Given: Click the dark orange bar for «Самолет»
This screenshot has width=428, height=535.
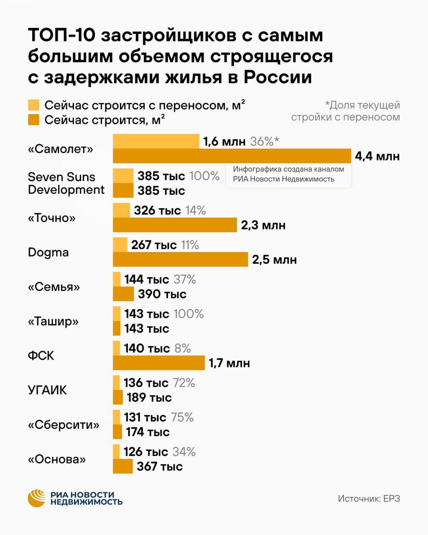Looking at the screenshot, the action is [x=232, y=156].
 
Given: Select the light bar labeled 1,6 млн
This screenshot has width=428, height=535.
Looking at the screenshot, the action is [x=156, y=141].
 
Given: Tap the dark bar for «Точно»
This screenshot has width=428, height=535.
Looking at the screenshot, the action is [x=175, y=225].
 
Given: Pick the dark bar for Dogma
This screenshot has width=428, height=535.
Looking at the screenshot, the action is [x=180, y=259].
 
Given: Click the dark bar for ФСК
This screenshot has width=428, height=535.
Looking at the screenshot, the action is [x=159, y=363].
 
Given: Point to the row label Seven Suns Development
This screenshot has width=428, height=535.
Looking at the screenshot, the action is [x=66, y=183].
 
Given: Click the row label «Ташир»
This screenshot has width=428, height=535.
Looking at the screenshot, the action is [x=53, y=321].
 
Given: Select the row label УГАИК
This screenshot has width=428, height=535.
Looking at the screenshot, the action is [x=47, y=390].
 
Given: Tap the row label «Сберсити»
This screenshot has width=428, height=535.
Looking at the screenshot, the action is [x=64, y=425].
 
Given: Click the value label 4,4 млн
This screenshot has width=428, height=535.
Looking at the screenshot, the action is [x=377, y=156].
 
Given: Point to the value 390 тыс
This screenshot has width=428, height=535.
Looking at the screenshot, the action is [x=162, y=294].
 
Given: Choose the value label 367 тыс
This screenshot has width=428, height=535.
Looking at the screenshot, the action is [x=160, y=466].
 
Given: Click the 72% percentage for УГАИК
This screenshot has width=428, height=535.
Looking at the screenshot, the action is [x=184, y=383].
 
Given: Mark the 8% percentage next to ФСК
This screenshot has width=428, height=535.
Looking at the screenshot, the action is [x=183, y=348].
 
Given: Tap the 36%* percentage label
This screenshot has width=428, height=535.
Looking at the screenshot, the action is [x=264, y=141].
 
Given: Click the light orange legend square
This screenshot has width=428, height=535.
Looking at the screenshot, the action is [x=33, y=105].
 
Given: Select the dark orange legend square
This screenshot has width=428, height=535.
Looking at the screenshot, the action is [x=33, y=120].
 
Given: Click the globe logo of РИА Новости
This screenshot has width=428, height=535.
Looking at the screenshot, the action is [x=36, y=498].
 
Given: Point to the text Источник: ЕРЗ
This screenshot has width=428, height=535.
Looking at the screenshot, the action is [x=369, y=499].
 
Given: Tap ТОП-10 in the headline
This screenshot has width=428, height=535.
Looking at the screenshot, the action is [x=62, y=35].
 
